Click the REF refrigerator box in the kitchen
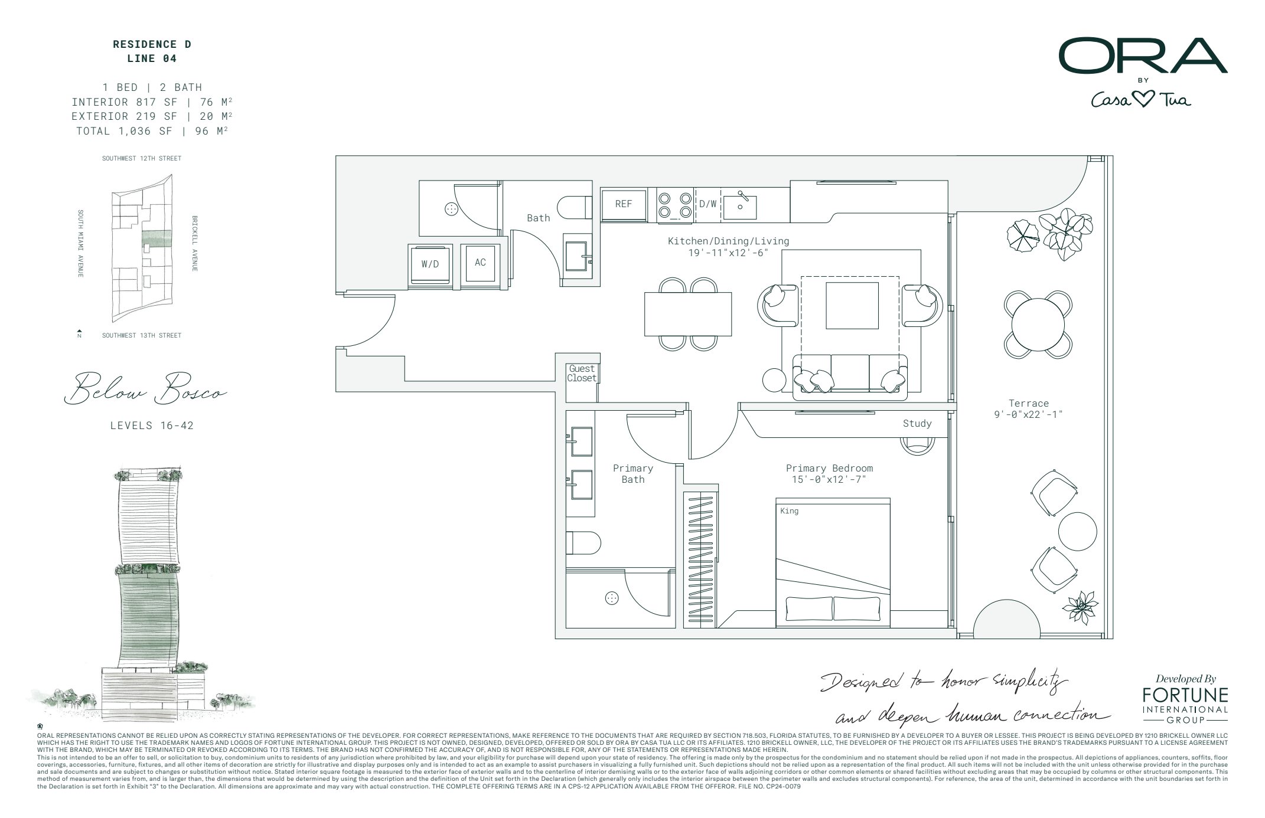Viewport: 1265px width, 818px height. tap(623, 204)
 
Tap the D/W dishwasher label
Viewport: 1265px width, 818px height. tap(708, 204)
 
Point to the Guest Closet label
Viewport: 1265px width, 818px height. tap(582, 374)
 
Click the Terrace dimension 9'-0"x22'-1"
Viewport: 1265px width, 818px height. tap(1028, 415)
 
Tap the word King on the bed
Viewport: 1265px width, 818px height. tap(789, 511)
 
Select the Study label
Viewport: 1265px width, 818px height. tap(917, 424)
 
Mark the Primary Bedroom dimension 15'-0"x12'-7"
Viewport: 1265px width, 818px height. tap(829, 480)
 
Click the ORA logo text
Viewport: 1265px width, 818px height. tap(1142, 57)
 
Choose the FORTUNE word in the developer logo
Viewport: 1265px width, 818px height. tap(1185, 695)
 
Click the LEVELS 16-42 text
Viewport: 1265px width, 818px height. tap(152, 426)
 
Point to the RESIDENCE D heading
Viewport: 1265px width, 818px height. tap(152, 44)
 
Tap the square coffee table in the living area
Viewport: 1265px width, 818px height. tap(852, 306)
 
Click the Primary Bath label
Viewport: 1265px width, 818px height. tap(632, 474)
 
